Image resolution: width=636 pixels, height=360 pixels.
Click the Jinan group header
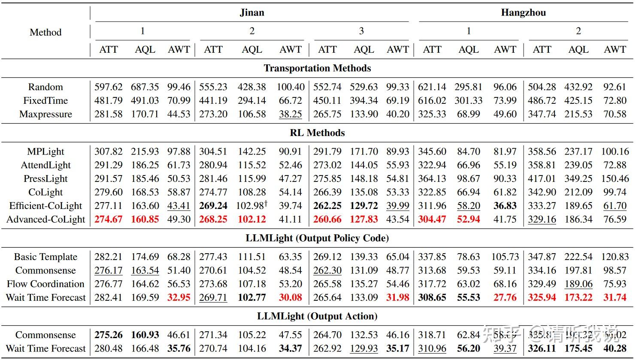[251, 12]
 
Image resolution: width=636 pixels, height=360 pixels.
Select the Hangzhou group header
[523, 12]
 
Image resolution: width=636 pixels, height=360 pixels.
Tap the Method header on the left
[45, 32]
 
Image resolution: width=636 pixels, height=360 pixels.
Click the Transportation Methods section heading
[317, 68]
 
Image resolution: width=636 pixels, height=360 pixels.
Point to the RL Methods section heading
[317, 133]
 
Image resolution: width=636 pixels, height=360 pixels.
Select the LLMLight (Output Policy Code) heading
[317, 238]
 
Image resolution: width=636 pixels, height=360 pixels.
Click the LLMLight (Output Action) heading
[317, 316]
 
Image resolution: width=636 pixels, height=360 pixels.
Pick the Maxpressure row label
[45, 114]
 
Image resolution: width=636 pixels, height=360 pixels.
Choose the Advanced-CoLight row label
[46, 219]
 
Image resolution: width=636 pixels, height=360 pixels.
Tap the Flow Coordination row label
[45, 284]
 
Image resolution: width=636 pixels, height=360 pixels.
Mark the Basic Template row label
[45, 257]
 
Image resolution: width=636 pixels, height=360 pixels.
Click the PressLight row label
[45, 178]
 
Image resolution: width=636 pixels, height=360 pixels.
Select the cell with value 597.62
[108, 87]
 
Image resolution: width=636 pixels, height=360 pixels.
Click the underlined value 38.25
[291, 114]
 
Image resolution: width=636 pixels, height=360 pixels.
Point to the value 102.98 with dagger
[251, 206]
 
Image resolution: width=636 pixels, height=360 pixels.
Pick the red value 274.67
[108, 219]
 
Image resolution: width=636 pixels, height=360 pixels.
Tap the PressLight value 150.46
[615, 178]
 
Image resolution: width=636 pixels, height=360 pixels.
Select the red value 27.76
[505, 297]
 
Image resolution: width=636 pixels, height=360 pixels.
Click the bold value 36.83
[505, 206]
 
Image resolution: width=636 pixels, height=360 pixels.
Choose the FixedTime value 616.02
[432, 100]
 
